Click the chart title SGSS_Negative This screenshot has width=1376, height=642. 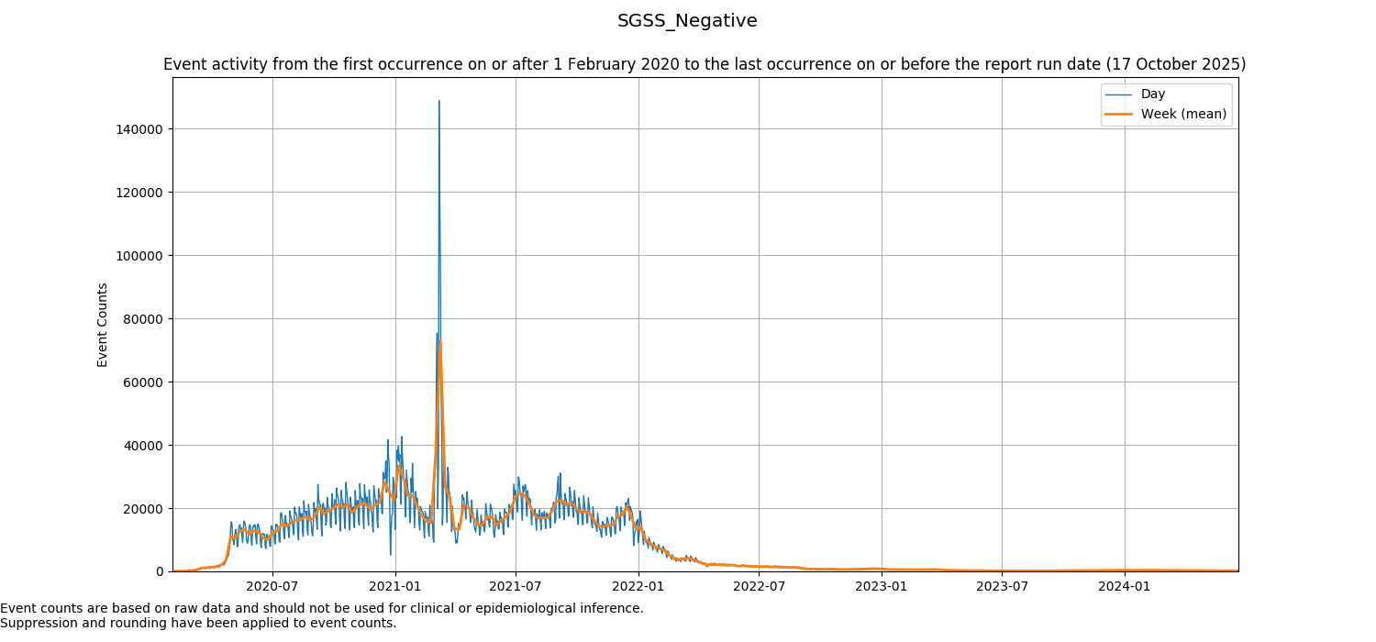pyautogui.click(x=687, y=20)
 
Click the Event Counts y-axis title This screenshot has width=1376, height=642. pyautogui.click(x=103, y=325)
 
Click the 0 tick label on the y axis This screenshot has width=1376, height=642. pyautogui.click(x=160, y=571)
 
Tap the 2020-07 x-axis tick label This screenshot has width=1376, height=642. pyautogui.click(x=272, y=586)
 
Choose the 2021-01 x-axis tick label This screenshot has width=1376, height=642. pyautogui.click(x=395, y=586)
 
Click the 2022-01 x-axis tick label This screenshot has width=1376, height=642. pyautogui.click(x=638, y=586)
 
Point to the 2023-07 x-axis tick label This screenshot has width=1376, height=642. pyautogui.click(x=1002, y=586)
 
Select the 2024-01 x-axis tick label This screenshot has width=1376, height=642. pyautogui.click(x=1125, y=586)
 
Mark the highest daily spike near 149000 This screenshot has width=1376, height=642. pyautogui.click(x=439, y=101)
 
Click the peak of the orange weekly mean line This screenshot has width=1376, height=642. pyautogui.click(x=440, y=340)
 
